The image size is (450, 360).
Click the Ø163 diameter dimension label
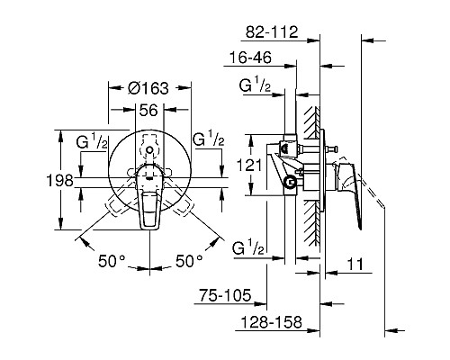(x=148, y=88)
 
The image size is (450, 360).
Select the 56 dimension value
(x=148, y=110)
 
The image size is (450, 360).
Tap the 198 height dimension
(x=60, y=181)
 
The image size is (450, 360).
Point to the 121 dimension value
(x=249, y=165)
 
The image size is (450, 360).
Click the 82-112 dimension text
(x=272, y=31)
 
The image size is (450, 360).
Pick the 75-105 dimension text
(x=225, y=295)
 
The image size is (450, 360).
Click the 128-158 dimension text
(x=271, y=322)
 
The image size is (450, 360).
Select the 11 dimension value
(x=355, y=265)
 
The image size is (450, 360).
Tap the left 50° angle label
(x=112, y=261)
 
